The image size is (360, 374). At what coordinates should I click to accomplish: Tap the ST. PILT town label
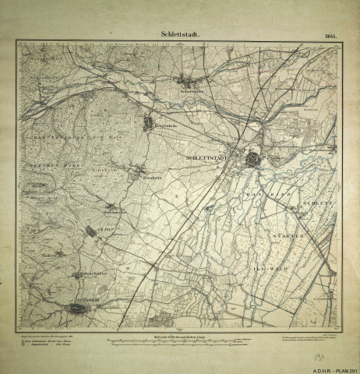point(94,231)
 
